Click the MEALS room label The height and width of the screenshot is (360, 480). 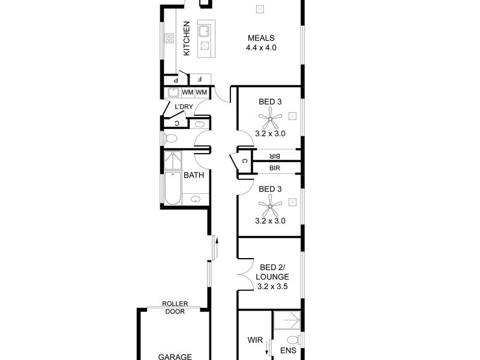[x=261, y=38]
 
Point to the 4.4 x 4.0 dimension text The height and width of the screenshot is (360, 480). [x=261, y=48]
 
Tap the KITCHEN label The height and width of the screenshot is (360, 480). [x=187, y=38]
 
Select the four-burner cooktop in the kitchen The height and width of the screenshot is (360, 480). [x=169, y=38]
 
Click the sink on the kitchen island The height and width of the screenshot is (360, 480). [x=204, y=32]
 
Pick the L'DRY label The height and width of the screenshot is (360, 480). [x=184, y=107]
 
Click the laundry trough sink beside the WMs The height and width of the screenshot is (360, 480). [x=173, y=92]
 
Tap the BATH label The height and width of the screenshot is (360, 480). [x=194, y=175]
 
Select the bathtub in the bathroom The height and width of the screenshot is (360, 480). [x=173, y=188]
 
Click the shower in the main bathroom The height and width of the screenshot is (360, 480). [x=173, y=160]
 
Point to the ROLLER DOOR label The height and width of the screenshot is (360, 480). [x=175, y=308]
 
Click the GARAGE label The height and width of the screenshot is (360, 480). [x=175, y=356]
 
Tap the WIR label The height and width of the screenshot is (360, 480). [x=255, y=340]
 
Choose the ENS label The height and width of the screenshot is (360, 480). [x=288, y=350]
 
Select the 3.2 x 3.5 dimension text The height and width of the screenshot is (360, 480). [x=272, y=287]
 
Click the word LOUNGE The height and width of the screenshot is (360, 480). [x=272, y=277]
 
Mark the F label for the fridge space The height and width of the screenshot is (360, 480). [x=200, y=79]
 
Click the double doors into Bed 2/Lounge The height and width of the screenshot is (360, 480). [x=247, y=274]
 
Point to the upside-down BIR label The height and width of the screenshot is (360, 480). [x=275, y=156]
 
